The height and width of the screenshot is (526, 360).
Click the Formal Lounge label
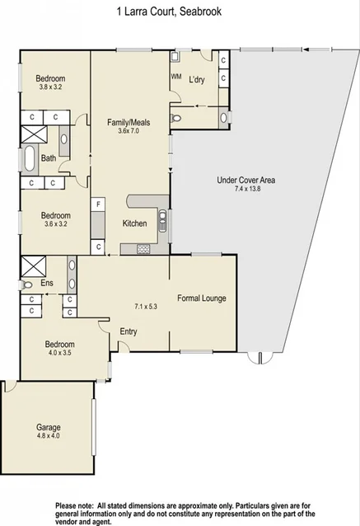[202, 298]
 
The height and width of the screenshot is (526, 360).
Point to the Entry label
[129, 331]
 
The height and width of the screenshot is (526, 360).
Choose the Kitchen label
[134, 223]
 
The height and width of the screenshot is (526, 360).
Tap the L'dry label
[197, 79]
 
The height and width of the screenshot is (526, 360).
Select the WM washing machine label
[176, 76]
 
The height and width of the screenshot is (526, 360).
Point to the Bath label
[48, 158]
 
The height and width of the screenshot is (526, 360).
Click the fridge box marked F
[98, 204]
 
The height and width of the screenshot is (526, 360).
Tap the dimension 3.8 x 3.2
[50, 87]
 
